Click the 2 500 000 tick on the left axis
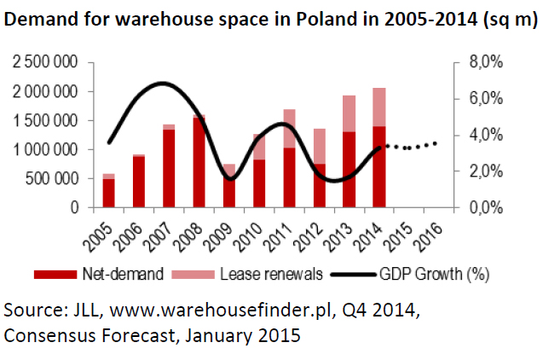point(45,62)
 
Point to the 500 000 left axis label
point(51,179)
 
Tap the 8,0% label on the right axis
point(486,62)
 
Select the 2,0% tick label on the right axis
point(486,171)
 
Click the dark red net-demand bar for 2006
point(139,182)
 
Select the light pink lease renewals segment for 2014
point(379,107)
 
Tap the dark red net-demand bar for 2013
point(349,170)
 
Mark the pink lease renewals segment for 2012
point(320,146)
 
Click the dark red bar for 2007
point(169,168)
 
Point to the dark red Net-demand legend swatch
point(55,275)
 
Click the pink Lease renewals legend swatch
point(194,275)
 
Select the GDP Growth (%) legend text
point(434,274)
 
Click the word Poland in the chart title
point(326,19)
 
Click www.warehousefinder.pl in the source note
point(221,311)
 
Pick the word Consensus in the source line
point(49,335)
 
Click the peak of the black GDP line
point(163,83)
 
